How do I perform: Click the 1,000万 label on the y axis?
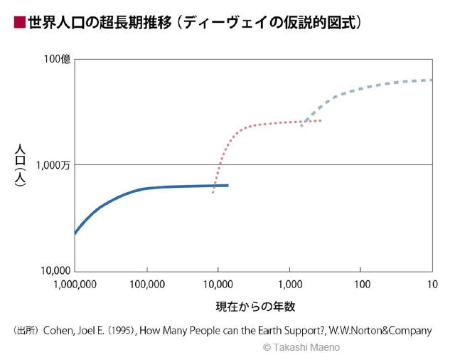click(x=53, y=164)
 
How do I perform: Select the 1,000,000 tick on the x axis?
click(x=75, y=284)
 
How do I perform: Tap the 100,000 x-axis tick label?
click(x=148, y=284)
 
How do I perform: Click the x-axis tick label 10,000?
click(x=219, y=284)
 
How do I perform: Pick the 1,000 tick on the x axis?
click(x=289, y=284)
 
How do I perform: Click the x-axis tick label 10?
click(x=432, y=284)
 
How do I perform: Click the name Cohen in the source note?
click(x=60, y=330)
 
